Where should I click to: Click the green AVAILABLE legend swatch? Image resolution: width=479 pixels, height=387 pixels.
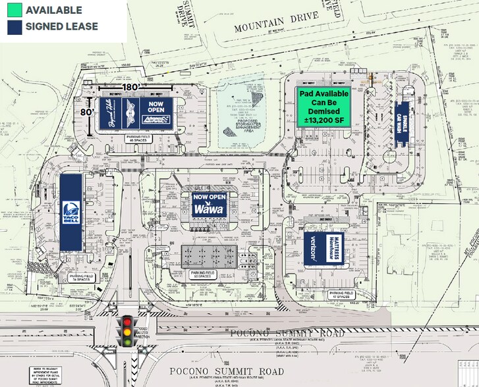tap(13, 11)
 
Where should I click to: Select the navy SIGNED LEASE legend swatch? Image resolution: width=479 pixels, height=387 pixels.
tap(13, 27)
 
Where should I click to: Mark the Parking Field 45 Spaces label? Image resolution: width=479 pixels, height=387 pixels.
tap(137, 139)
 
